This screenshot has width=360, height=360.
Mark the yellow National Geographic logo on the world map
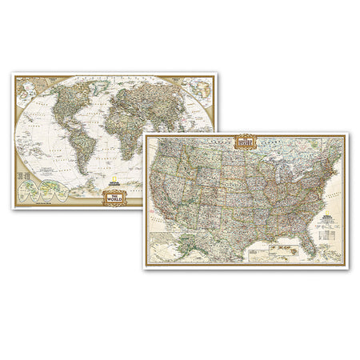point(118,182)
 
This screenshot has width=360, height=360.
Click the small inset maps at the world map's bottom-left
point(44,191)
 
